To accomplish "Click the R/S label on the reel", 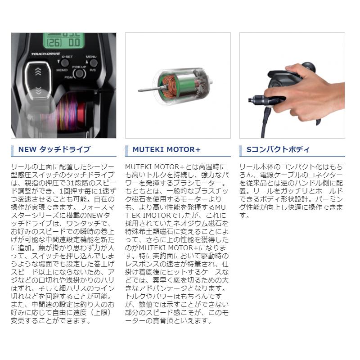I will point(93,70).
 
